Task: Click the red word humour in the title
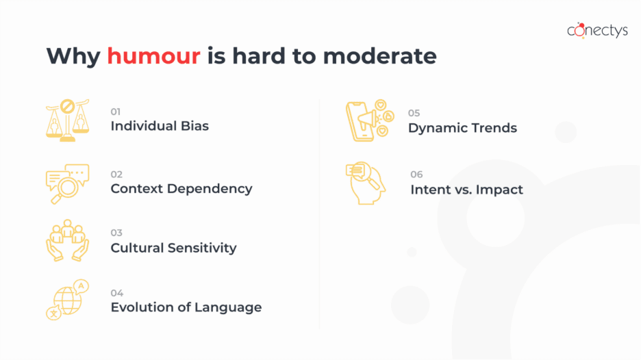tap(153, 56)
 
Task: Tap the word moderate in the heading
tap(380, 56)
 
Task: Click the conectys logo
tap(597, 30)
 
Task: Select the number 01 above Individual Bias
tap(115, 112)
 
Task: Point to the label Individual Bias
tap(160, 126)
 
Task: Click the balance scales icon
tap(67, 120)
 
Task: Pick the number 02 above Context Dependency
tap(116, 175)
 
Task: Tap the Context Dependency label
tap(181, 188)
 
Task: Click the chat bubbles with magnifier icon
tap(67, 184)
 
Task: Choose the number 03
tap(116, 233)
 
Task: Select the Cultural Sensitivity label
tap(173, 248)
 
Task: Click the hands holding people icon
tap(67, 240)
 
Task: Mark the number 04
tap(117, 293)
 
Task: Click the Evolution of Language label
tap(186, 307)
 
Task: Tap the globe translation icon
tap(67, 300)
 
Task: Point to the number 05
tap(414, 113)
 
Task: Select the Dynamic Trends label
tap(462, 128)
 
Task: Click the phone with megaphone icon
tap(370, 120)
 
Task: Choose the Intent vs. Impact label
tap(466, 190)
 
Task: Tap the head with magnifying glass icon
tap(366, 183)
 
